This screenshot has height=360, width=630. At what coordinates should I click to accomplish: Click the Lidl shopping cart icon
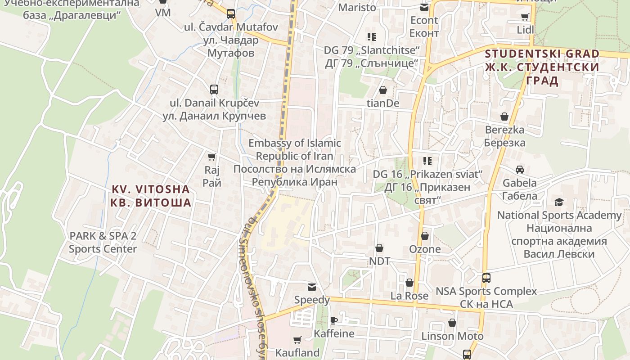pos(525,17)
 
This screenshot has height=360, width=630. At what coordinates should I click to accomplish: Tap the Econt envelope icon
pos(424,7)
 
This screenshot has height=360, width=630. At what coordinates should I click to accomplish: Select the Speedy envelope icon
pos(311,287)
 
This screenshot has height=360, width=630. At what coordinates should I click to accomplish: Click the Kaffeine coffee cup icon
pos(333,320)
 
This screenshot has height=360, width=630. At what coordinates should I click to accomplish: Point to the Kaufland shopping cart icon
pos(297,340)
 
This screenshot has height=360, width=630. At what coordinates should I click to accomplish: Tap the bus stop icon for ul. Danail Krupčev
pos(214,89)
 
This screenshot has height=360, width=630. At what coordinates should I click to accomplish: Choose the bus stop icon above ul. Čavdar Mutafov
pos(231,14)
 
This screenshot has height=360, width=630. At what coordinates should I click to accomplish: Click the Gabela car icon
pos(520,170)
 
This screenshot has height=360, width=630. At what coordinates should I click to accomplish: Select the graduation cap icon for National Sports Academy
pos(559,202)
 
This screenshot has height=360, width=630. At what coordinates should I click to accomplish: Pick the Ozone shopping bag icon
pos(425,236)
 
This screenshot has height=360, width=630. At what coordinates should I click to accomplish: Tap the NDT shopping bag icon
pos(379,248)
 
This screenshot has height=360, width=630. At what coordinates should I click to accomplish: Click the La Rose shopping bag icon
pos(409,283)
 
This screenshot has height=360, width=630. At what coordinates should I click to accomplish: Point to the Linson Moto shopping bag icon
pos(452,323)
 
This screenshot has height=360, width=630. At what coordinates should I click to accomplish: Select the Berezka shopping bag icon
pos(504,117)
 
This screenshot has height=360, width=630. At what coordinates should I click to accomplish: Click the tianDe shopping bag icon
pos(383,90)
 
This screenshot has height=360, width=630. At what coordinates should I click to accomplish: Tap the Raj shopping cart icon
pos(211,157)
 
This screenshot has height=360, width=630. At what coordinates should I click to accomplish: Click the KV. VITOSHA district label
pos(151,196)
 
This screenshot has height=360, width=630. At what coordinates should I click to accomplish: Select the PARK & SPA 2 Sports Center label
pos(103,242)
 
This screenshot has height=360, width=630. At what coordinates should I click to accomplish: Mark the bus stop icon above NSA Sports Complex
pos(486,278)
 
